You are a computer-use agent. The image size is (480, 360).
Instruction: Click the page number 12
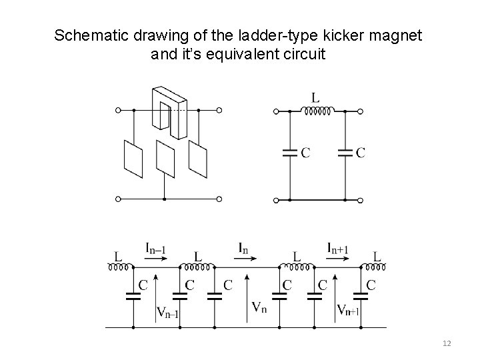coord(447,343)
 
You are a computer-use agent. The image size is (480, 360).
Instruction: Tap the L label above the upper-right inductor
coord(316,97)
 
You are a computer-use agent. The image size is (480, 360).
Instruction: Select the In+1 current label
coord(338,248)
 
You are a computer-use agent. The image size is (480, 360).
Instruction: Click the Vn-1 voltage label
coord(166,311)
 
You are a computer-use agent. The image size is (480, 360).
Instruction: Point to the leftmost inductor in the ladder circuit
coord(118,267)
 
